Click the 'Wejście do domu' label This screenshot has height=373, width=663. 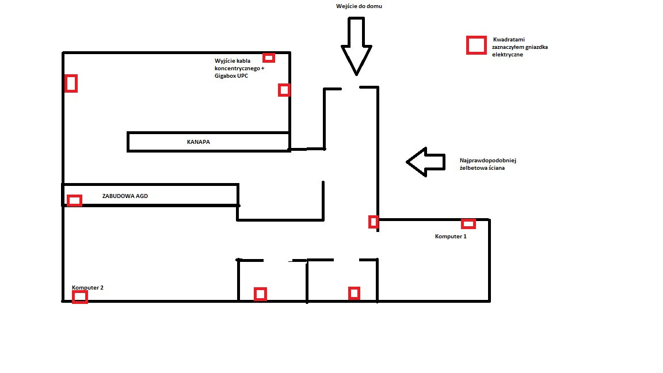click(359, 6)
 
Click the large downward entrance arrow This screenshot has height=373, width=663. click(356, 47)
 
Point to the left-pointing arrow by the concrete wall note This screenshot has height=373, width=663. click(426, 162)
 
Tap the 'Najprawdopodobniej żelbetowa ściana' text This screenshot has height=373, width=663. click(488, 164)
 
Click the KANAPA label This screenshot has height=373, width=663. click(199, 142)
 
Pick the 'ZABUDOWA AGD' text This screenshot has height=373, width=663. click(125, 196)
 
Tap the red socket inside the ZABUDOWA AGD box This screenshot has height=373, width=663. click(74, 200)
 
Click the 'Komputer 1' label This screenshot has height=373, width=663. click(451, 237)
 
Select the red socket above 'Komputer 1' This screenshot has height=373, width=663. click(468, 224)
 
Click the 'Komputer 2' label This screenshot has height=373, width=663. click(87, 288)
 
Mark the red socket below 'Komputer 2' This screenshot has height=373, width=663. click(80, 297)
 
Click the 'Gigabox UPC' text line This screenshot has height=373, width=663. click(231, 76)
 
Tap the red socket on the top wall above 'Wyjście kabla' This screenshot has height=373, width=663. click(269, 58)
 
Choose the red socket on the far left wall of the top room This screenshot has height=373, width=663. click(71, 83)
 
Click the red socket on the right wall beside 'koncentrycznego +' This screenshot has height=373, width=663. click(284, 90)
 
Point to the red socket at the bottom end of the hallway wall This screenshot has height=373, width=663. click(374, 222)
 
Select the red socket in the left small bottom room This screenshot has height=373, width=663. click(261, 294)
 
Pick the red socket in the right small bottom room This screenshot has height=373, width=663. click(355, 293)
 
